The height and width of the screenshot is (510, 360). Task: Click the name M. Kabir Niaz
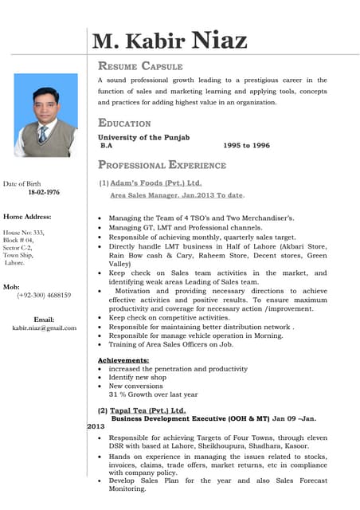pos(170,41)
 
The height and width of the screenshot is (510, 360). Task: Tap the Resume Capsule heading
pos(140,66)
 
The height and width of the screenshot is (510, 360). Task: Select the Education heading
pos(124,123)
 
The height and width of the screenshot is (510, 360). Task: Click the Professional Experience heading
pos(162,165)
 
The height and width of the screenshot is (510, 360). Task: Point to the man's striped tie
pos(43,133)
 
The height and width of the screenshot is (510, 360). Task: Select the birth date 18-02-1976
pos(44,193)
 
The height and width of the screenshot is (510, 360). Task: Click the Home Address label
pos(27,217)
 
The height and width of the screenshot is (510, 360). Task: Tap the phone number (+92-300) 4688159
pos(44,295)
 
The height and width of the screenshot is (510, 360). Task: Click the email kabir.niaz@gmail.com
pos(44,328)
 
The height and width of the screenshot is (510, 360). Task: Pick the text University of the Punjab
pos(143,138)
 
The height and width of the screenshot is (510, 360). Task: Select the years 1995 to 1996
pos(247,146)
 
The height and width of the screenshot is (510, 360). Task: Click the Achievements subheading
pos(123,360)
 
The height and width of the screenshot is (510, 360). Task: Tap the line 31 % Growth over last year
pos(154,394)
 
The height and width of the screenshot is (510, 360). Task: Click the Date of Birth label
pos(22,184)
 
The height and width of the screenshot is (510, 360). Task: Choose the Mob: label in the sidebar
pos(12,286)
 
